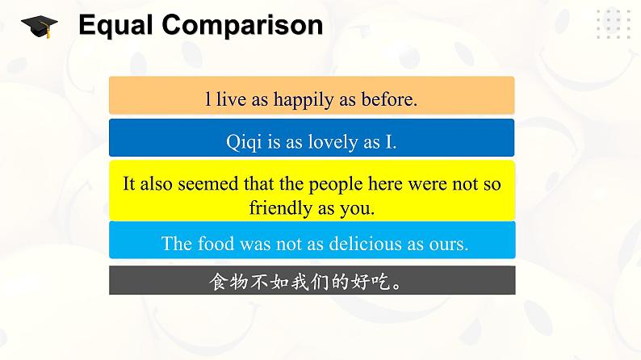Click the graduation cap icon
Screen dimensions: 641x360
coord(40,27)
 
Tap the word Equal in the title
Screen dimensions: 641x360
coord(115,25)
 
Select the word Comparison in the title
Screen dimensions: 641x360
coord(242,25)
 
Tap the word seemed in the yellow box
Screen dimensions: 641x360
coord(208,183)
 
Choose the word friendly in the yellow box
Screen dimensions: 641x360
coord(281,208)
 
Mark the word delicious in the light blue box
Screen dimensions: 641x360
coord(365,244)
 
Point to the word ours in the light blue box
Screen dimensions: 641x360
coord(448,245)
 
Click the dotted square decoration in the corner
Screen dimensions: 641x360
coord(614,24)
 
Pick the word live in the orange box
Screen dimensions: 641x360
coord(232,99)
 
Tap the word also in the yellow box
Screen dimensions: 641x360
coord(156,183)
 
